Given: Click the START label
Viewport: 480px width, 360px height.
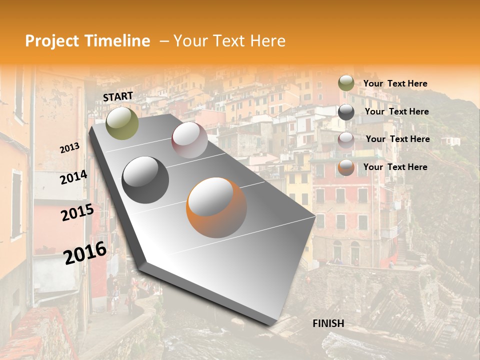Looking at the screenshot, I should [118, 96].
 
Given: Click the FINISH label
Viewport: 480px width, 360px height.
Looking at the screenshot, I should [328, 323].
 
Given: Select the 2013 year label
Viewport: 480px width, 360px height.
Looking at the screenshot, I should [69, 148].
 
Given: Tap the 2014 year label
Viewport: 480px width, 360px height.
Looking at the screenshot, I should [73, 177].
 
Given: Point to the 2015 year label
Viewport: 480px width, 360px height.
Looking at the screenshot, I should [77, 212].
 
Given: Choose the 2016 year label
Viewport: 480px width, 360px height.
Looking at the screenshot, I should [85, 252].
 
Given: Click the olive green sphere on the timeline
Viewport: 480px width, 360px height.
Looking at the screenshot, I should [122, 123].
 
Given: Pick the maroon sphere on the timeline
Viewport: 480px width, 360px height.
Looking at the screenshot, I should [189, 140].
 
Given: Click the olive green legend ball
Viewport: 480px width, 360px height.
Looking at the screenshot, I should [346, 83].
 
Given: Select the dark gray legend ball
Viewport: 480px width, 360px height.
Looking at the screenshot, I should [346, 112].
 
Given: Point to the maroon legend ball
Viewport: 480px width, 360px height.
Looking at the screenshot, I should [346, 140].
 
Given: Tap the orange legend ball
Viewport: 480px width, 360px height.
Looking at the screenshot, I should [346, 167].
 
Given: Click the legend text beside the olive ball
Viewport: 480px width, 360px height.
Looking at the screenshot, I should [395, 83].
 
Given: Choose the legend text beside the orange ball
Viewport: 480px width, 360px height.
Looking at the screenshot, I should [395, 167].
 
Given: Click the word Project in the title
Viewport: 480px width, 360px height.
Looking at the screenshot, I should [52, 41].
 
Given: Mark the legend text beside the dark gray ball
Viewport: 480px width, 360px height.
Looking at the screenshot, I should [396, 111].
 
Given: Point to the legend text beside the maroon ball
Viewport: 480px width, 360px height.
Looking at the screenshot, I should [397, 139].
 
